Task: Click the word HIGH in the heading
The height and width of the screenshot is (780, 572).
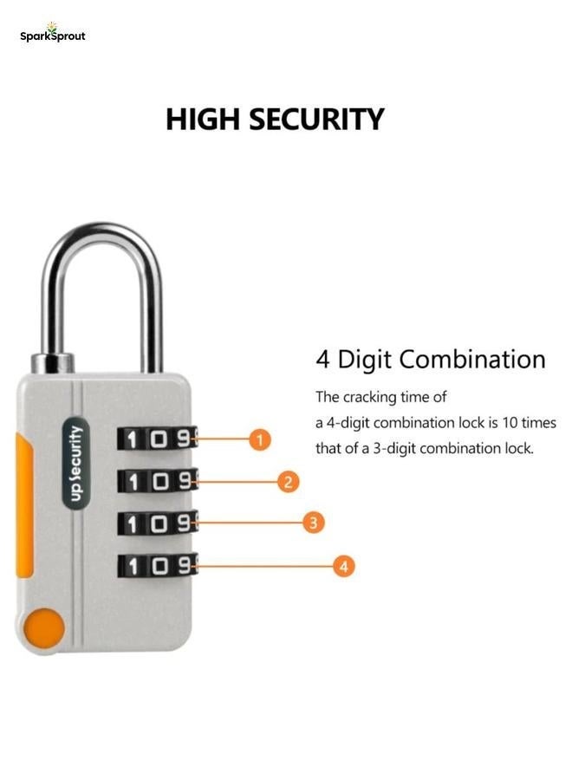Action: (202, 120)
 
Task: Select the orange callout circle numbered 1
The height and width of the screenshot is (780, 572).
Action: (260, 439)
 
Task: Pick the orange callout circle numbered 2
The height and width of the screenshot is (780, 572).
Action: (289, 482)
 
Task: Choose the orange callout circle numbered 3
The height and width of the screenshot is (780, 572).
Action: (314, 523)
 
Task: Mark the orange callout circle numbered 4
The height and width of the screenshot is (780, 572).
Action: (344, 567)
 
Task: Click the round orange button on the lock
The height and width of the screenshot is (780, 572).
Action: (43, 627)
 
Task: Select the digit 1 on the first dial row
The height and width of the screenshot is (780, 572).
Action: (133, 439)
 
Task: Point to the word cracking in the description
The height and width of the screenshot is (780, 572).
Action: (374, 398)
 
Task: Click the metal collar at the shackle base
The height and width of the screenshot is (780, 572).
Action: (52, 361)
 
